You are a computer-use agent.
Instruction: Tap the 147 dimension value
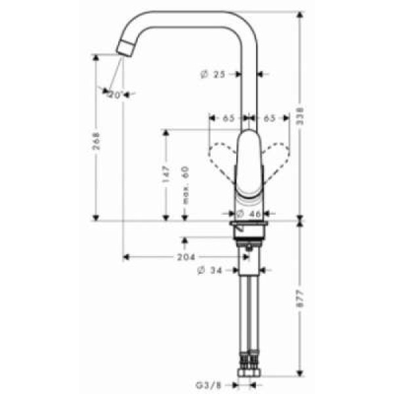166,173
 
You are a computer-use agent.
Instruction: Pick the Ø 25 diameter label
212,75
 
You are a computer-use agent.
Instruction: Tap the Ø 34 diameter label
211,270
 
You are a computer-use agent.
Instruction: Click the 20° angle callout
116,95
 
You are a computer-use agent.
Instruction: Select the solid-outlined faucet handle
249,164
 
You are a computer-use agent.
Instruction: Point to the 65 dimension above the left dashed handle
229,119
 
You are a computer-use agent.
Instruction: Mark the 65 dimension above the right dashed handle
269,119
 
